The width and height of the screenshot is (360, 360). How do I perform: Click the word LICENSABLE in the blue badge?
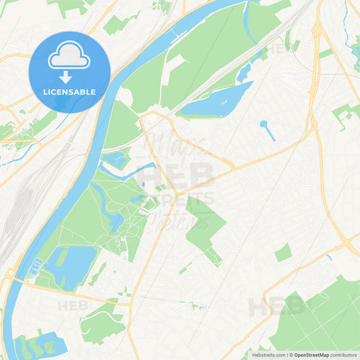(x=70, y=91)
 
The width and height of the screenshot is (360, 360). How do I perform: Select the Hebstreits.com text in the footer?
(x=269, y=355)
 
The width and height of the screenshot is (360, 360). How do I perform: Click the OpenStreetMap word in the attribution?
(x=311, y=355)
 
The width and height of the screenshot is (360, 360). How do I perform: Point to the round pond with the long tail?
(x=263, y=124)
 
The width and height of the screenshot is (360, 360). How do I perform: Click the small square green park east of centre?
(x=283, y=253)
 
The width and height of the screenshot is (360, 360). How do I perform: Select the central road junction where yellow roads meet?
(x=178, y=193)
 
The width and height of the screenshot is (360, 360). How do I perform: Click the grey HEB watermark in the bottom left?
(x=73, y=306)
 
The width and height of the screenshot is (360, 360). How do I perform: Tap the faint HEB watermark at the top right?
(x=282, y=49)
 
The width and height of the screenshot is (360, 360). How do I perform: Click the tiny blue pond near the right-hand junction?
(x=329, y=257)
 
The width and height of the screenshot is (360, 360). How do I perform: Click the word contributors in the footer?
(x=343, y=355)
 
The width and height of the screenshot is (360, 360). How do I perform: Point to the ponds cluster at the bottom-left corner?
(x=34, y=344)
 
